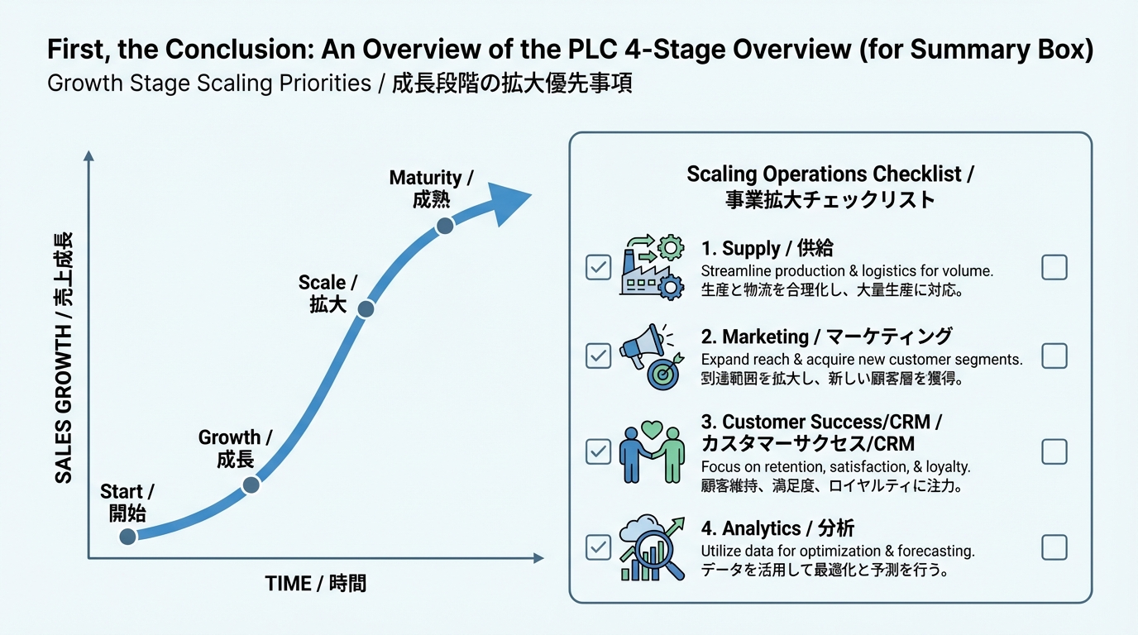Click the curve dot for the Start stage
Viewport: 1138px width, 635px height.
pyautogui.click(x=127, y=537)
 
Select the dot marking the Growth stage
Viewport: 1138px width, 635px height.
pyautogui.click(x=251, y=485)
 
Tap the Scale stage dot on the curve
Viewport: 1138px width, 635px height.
pyautogui.click(x=366, y=309)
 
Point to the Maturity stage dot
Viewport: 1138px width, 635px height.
pyautogui.click(x=445, y=225)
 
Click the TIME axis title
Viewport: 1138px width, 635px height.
pyautogui.click(x=315, y=584)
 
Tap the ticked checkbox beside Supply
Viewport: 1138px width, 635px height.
pyautogui.click(x=598, y=267)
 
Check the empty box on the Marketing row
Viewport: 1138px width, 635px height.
pyautogui.click(x=1054, y=356)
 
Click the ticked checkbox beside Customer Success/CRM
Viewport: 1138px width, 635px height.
pyautogui.click(x=598, y=451)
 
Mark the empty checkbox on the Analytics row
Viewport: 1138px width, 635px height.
pyautogui.click(x=1054, y=547)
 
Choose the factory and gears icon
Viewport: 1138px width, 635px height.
pyautogui.click(x=652, y=266)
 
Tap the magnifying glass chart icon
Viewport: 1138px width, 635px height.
pyautogui.click(x=652, y=548)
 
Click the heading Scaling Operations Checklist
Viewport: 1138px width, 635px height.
pyautogui.click(x=830, y=174)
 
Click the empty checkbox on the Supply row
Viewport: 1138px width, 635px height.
pyautogui.click(x=1054, y=267)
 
